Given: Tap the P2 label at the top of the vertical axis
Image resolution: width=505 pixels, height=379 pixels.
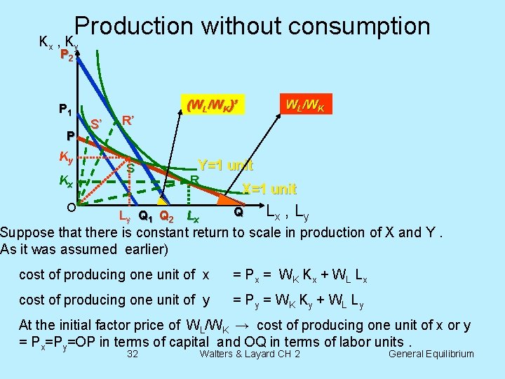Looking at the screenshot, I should click(66, 55).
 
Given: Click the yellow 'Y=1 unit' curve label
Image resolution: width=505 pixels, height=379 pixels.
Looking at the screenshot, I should click(224, 166).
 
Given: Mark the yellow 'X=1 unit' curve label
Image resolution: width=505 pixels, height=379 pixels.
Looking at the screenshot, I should click(269, 189).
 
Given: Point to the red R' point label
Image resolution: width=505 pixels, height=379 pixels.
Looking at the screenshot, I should click(129, 119).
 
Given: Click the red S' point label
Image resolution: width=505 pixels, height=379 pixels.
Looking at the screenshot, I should click(97, 124).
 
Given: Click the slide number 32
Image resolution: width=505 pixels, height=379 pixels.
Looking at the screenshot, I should click(132, 354).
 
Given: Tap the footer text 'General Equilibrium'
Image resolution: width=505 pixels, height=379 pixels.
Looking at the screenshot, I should click(431, 354).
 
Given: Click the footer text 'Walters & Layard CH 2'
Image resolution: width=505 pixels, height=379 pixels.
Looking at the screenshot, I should click(250, 354).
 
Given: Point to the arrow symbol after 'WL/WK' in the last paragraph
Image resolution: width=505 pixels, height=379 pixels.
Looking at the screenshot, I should click(241, 326).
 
